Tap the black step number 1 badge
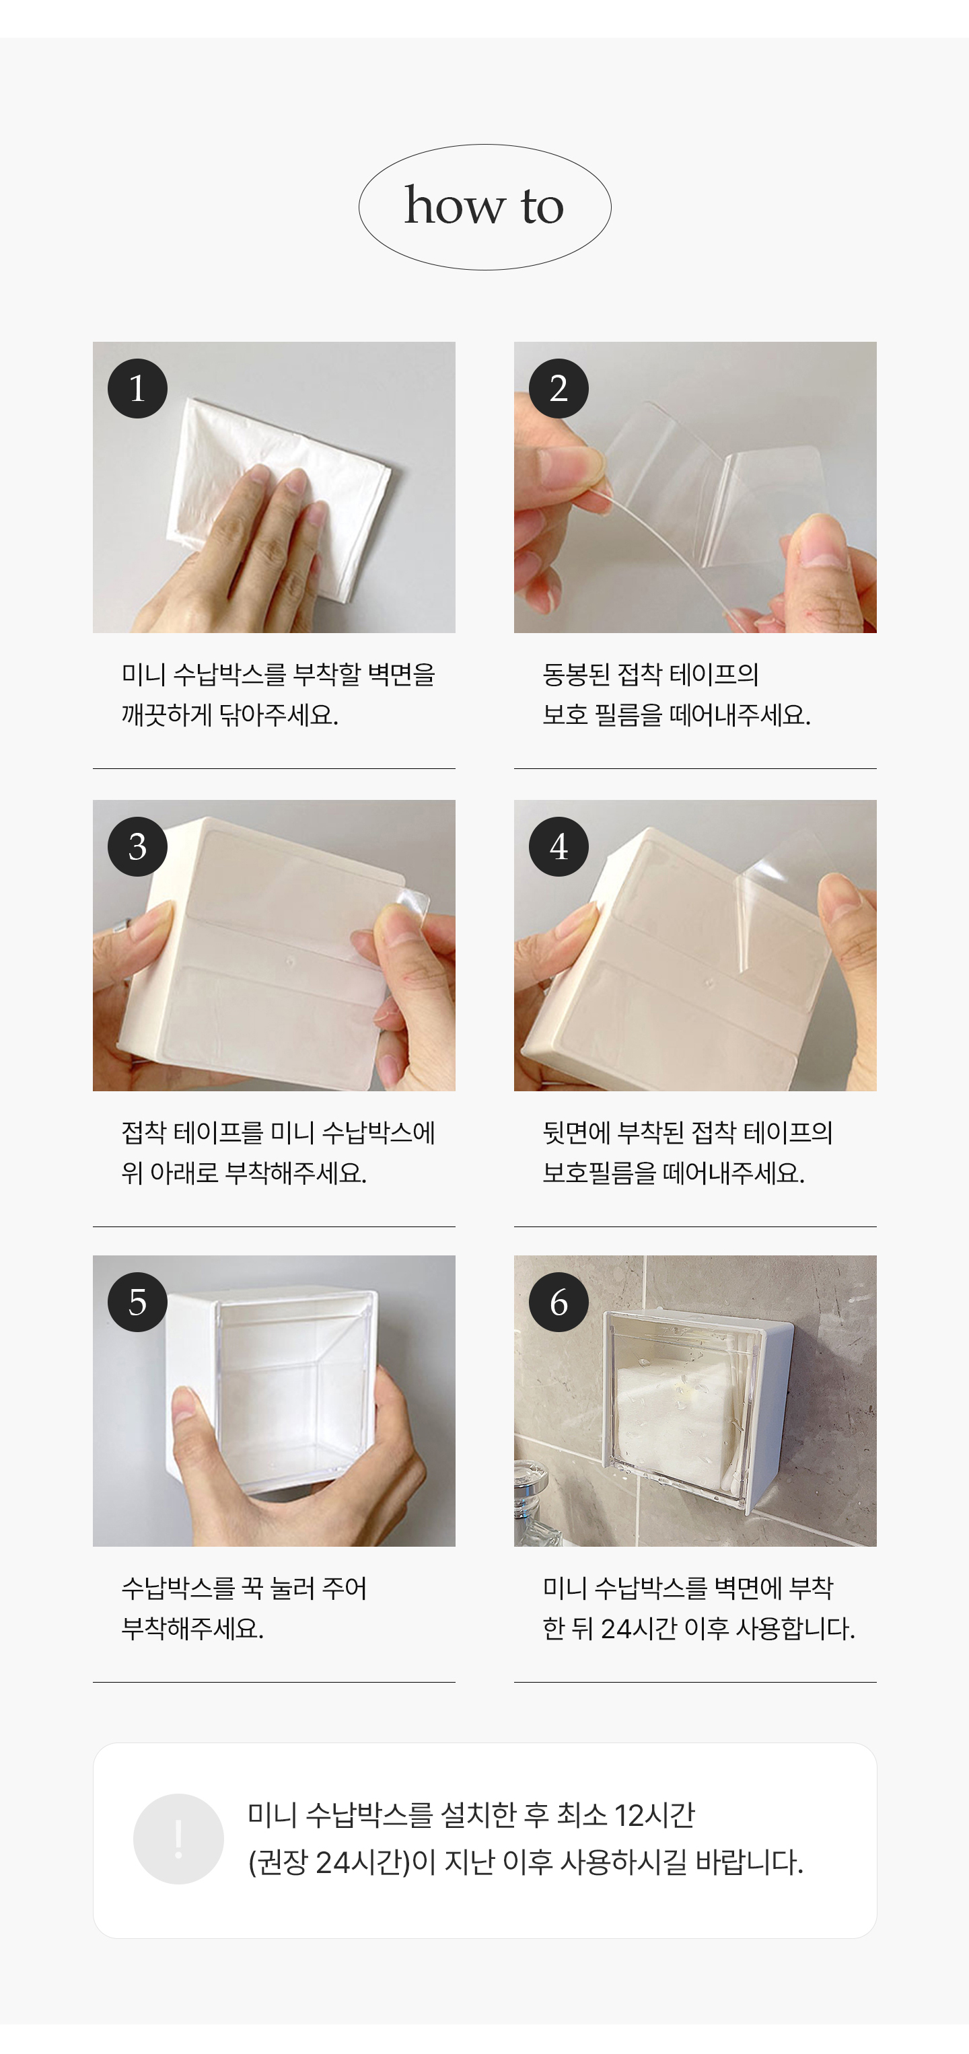[137, 388]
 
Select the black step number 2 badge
[559, 388]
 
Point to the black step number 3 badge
[137, 846]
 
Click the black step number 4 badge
[559, 846]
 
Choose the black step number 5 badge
[137, 1302]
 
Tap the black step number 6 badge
[559, 1302]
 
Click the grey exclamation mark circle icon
[178, 1839]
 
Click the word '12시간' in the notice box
[655, 1816]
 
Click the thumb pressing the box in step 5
[195, 1427]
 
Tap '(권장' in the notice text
[277, 1863]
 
